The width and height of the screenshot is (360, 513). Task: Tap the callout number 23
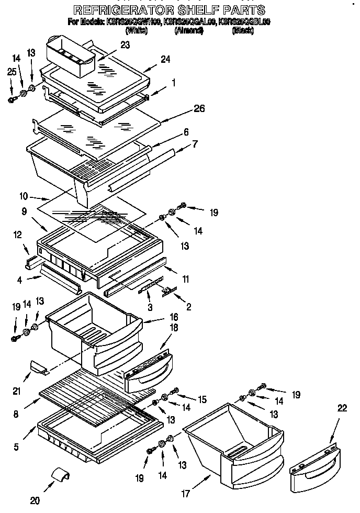click(125, 45)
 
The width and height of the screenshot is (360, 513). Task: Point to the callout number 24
click(165, 59)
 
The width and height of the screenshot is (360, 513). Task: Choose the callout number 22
click(342, 408)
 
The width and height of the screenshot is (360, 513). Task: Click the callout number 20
click(35, 500)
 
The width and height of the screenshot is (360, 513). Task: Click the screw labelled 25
click(13, 99)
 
